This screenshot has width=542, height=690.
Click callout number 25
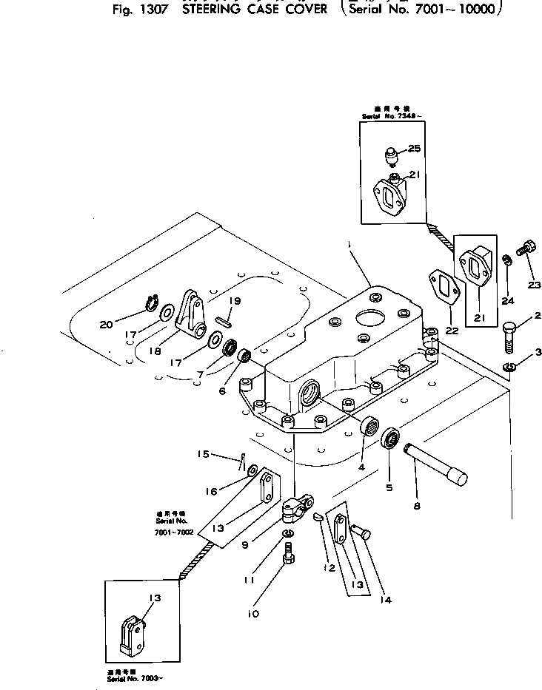click(x=414, y=149)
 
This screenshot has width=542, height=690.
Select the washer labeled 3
click(x=509, y=368)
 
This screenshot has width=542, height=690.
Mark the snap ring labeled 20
click(x=153, y=304)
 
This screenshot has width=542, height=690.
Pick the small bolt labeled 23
click(x=527, y=248)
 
